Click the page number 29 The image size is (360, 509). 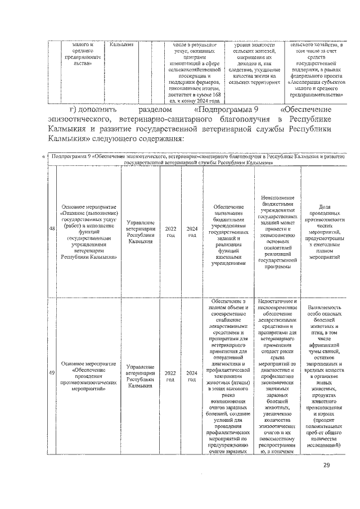tap(327, 465)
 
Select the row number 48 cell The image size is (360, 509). tap(52, 229)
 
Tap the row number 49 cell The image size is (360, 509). tap(52, 373)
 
